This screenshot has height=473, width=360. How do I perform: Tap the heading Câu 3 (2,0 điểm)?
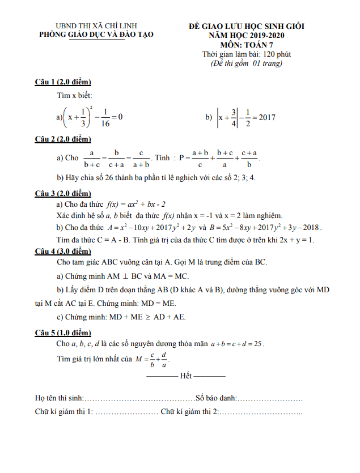(x=62, y=193)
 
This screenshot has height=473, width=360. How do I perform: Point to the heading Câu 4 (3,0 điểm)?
(x=62, y=251)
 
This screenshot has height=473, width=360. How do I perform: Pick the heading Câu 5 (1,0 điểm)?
(x=62, y=333)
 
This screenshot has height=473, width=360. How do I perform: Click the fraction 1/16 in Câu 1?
(x=105, y=117)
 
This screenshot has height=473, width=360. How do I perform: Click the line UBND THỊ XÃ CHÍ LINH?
(x=96, y=26)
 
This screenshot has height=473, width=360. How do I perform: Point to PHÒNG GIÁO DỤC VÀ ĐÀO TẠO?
(x=96, y=35)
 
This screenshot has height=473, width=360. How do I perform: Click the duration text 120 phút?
(x=274, y=54)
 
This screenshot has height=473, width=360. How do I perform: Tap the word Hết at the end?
(x=185, y=376)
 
